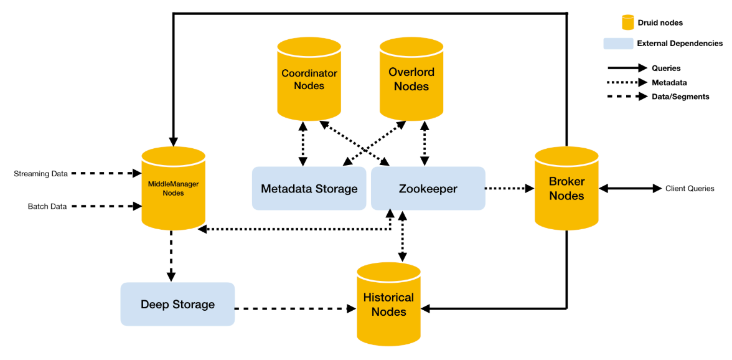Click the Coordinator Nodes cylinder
[x=309, y=79]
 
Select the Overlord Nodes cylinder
[x=411, y=79]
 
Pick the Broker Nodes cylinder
[x=566, y=189]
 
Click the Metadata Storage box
[x=309, y=189]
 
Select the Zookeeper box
[x=428, y=189]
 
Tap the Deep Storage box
[x=177, y=305]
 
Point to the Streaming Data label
[x=41, y=174]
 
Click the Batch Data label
[x=47, y=206]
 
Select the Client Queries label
[x=690, y=189]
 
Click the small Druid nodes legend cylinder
[x=627, y=21]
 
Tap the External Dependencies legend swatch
[x=619, y=44]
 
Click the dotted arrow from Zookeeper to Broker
[x=510, y=189]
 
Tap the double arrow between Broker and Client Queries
[x=630, y=189]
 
